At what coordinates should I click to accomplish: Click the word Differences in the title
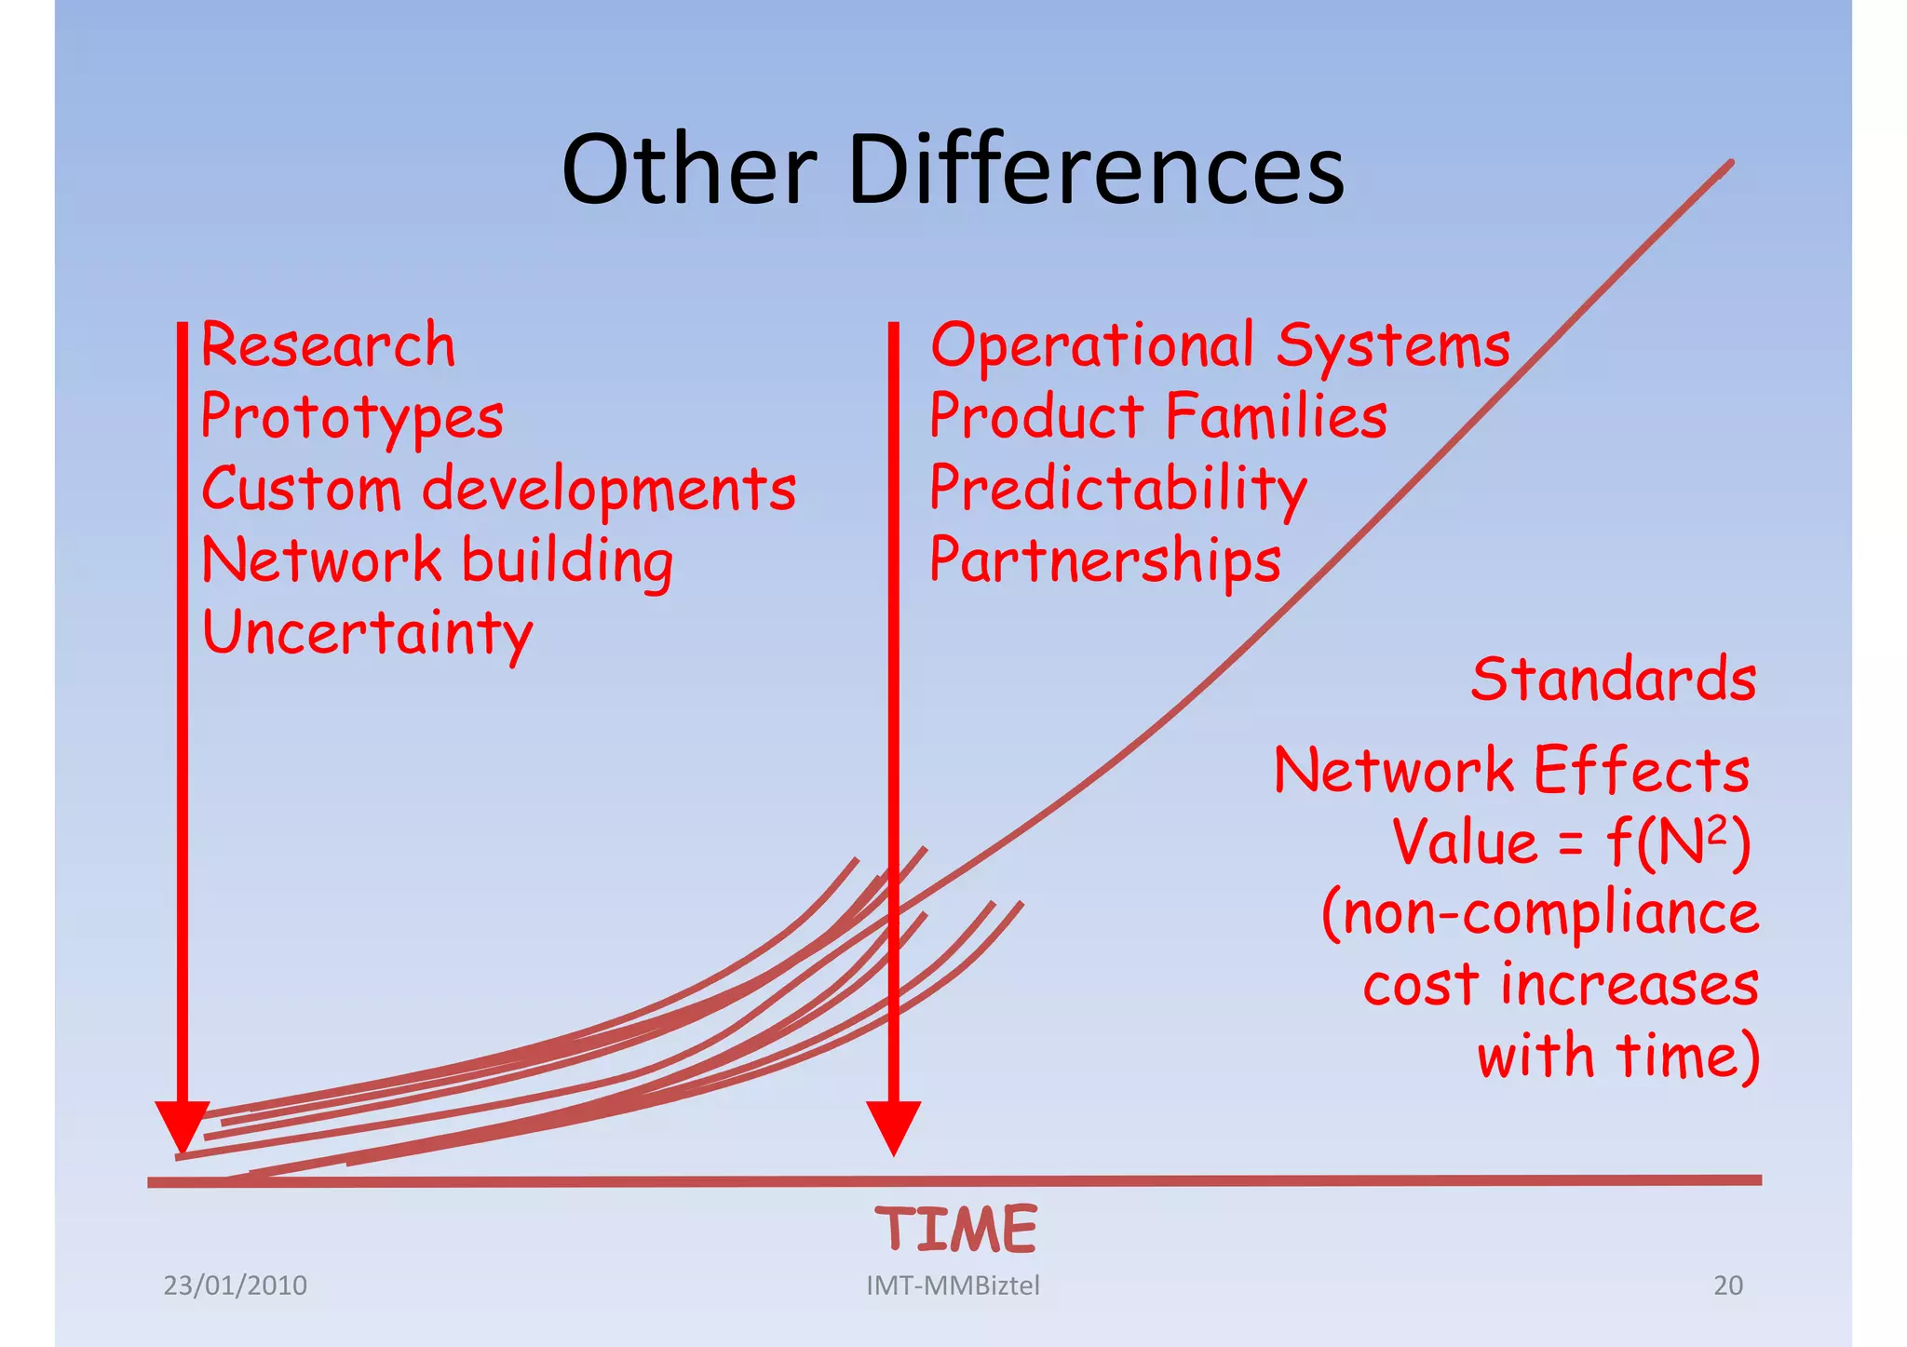pyautogui.click(x=1096, y=170)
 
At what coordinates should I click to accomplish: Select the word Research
pyautogui.click(x=328, y=344)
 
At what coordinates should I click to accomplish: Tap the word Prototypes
pyautogui.click(x=352, y=418)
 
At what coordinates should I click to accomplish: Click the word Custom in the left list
pyautogui.click(x=300, y=489)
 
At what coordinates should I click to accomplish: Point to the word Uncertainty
pyautogui.click(x=367, y=634)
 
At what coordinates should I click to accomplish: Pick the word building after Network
pyautogui.click(x=567, y=561)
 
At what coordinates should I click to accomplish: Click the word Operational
pyautogui.click(x=1091, y=344)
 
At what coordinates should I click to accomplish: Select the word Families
pyautogui.click(x=1276, y=416)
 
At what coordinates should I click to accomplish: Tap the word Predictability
pyautogui.click(x=1117, y=490)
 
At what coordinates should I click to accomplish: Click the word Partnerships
pyautogui.click(x=1105, y=561)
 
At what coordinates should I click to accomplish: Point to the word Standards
pyautogui.click(x=1613, y=679)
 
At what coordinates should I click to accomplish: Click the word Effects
pyautogui.click(x=1641, y=771)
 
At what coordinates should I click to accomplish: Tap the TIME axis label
pyautogui.click(x=955, y=1229)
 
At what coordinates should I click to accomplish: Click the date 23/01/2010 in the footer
pyautogui.click(x=235, y=1286)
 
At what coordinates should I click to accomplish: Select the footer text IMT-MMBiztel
pyautogui.click(x=953, y=1286)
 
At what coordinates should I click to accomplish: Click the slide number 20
pyautogui.click(x=1727, y=1286)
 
